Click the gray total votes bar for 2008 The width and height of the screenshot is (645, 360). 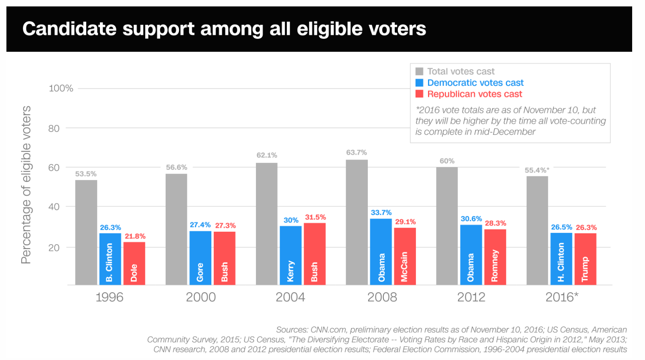(357, 222)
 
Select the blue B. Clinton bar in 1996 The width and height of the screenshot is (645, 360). (110, 259)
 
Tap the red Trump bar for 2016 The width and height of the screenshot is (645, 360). (585, 259)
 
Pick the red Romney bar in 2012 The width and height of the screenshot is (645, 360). (495, 257)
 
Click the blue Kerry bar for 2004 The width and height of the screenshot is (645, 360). (290, 255)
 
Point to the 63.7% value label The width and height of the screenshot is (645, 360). (357, 152)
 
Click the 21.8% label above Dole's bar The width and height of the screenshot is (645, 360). (135, 236)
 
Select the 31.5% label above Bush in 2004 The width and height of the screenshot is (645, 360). (315, 217)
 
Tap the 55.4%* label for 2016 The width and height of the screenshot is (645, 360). (537, 170)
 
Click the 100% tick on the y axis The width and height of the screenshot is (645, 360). (61, 88)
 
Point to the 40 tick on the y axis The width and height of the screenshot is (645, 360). (54, 207)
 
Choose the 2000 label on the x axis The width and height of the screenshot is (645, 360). (201, 297)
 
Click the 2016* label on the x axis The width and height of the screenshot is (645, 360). (562, 297)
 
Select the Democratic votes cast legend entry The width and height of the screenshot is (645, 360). (475, 83)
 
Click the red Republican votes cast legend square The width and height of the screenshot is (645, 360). (419, 94)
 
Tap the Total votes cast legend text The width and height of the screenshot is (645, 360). (460, 71)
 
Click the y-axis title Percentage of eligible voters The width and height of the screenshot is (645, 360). (26, 184)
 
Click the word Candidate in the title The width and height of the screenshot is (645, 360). (69, 29)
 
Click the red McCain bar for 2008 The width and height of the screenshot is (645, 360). (405, 256)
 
